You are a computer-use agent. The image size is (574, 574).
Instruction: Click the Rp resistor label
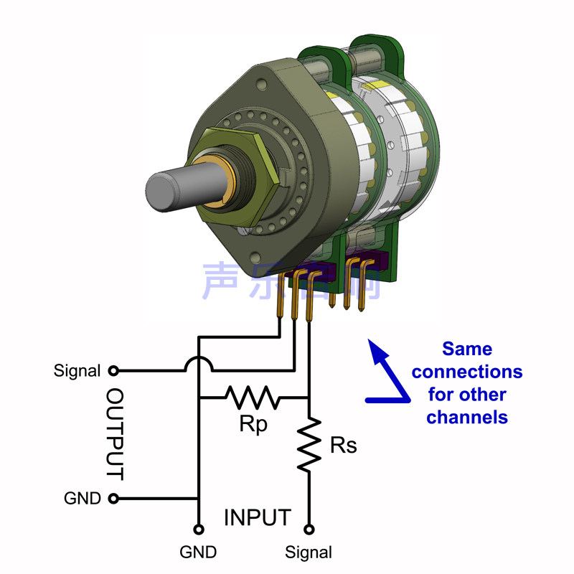coord(253,424)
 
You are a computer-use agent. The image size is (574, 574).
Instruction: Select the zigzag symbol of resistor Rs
coord(310,446)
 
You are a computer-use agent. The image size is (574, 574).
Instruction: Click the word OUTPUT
coord(115,435)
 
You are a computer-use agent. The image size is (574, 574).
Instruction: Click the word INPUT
coord(258,517)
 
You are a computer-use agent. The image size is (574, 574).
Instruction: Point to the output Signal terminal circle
coord(113,371)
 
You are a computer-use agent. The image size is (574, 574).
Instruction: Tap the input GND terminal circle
coord(199,530)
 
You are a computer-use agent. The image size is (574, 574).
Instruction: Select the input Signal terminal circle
coord(310,530)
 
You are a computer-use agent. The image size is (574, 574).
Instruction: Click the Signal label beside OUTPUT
coord(77,371)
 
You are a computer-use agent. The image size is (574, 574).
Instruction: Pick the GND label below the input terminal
coord(199,552)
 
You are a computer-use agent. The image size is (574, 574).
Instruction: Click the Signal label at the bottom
coord(309,552)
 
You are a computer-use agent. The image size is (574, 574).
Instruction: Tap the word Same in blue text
coord(467,349)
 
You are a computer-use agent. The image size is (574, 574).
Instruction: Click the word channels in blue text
coord(467,417)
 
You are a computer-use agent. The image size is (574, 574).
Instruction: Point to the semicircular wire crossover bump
coord(199,364)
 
